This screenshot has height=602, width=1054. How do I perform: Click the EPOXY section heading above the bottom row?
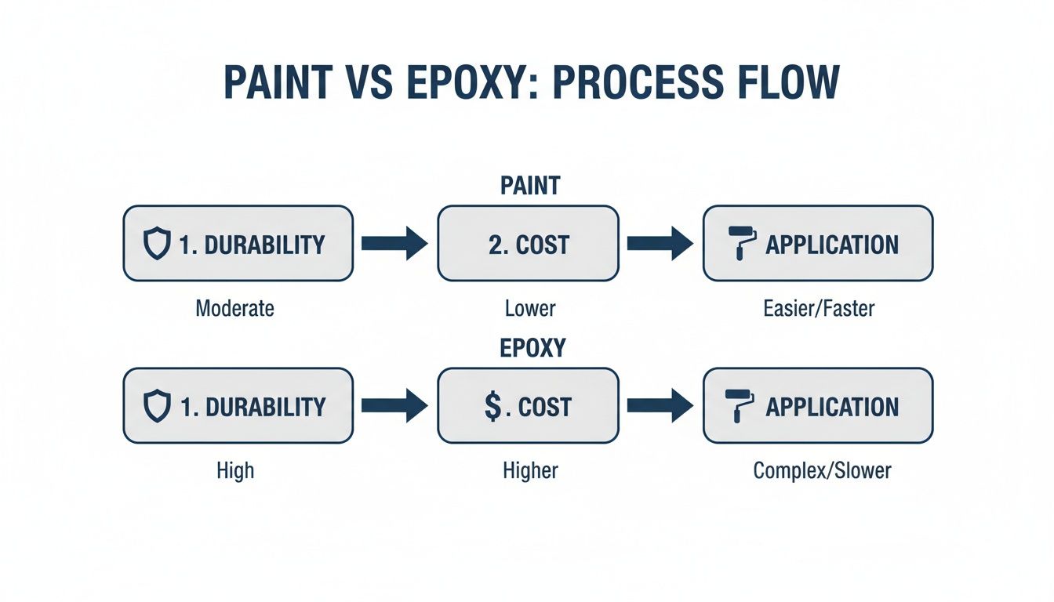pyautogui.click(x=532, y=348)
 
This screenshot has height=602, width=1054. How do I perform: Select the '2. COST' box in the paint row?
pyautogui.click(x=528, y=244)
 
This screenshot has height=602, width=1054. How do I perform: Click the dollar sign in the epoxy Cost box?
pyautogui.click(x=491, y=407)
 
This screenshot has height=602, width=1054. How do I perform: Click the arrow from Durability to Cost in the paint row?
pyautogui.click(x=394, y=244)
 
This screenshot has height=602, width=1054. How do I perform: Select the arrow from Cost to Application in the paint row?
pyautogui.click(x=660, y=244)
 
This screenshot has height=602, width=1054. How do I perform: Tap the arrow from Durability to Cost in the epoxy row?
pyautogui.click(x=394, y=406)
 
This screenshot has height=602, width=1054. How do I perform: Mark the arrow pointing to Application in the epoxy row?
pyautogui.click(x=660, y=406)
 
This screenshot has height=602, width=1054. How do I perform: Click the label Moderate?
pyautogui.click(x=235, y=308)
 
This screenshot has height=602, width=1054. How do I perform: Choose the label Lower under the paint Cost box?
pyautogui.click(x=530, y=308)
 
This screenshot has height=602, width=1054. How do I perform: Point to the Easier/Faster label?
pyautogui.click(x=818, y=308)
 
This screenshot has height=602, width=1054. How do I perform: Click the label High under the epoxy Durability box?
pyautogui.click(x=235, y=470)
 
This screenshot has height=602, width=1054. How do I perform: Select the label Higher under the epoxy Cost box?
pyautogui.click(x=530, y=470)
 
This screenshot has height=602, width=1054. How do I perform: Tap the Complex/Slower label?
pyautogui.click(x=822, y=470)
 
